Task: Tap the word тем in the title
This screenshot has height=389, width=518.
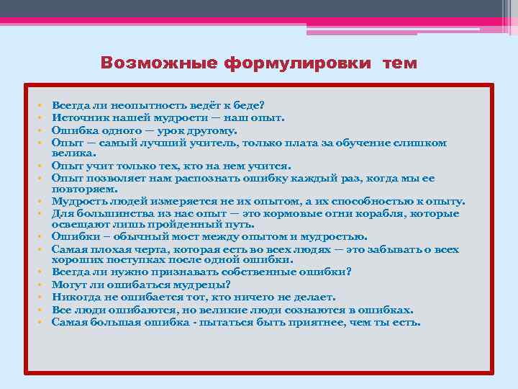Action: (x=399, y=63)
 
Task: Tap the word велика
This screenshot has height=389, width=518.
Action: (x=71, y=153)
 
